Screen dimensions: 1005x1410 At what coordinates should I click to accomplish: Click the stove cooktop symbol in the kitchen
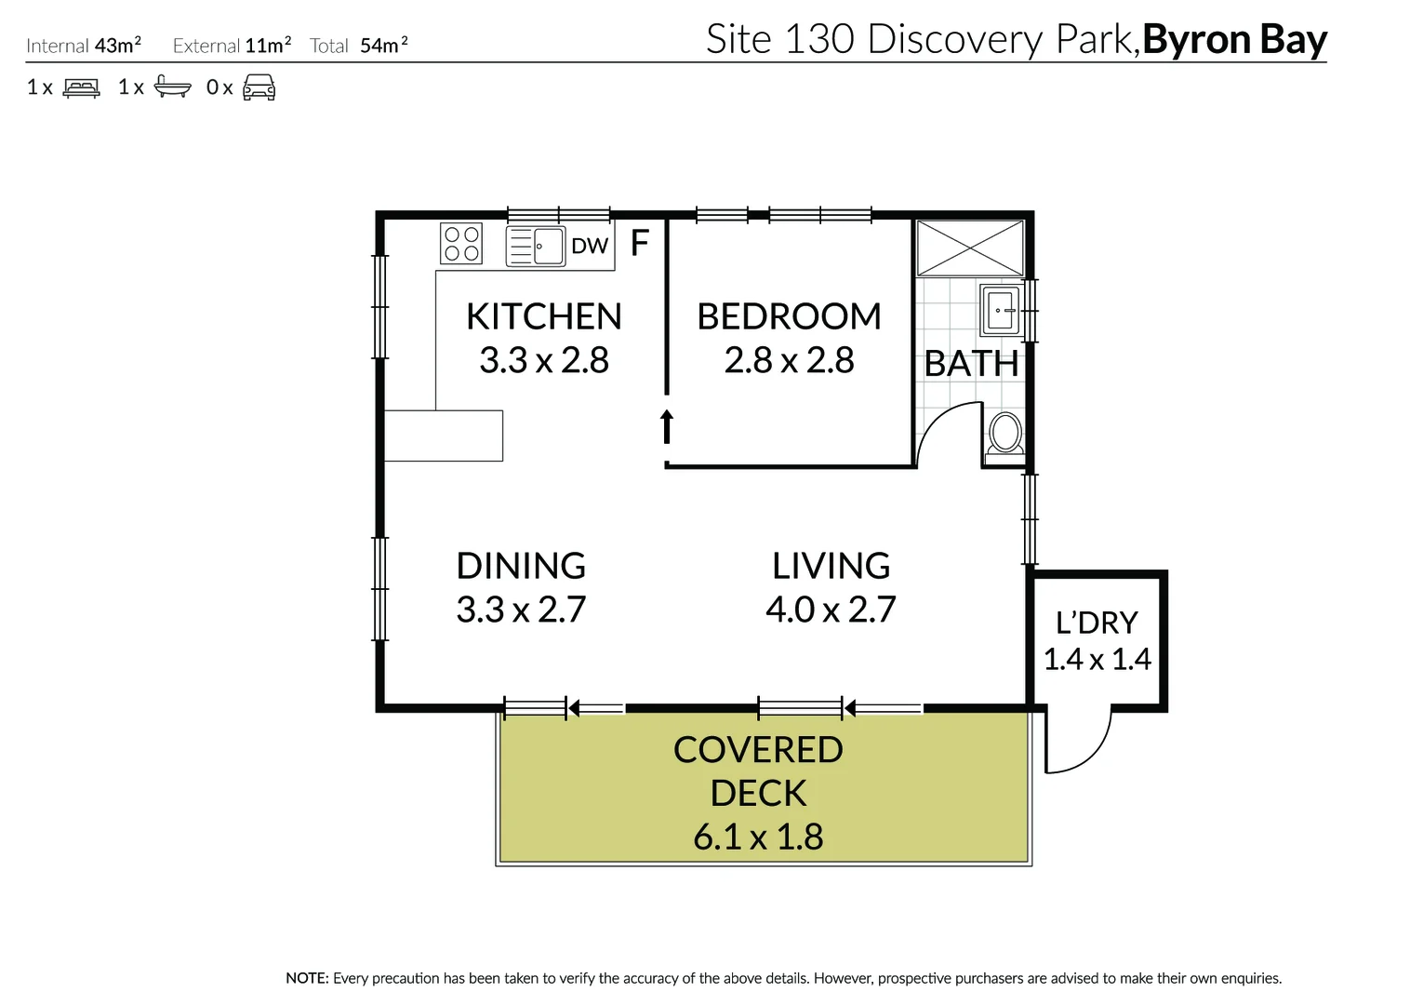click(x=461, y=244)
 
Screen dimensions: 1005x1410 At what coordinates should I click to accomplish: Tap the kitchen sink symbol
click(x=536, y=247)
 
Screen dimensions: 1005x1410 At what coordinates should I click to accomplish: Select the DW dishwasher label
click(x=590, y=247)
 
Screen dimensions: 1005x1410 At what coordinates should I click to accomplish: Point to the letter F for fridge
click(x=640, y=244)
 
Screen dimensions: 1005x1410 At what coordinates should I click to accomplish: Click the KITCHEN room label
click(x=543, y=316)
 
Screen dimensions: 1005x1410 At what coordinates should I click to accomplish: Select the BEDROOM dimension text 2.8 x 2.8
click(x=789, y=361)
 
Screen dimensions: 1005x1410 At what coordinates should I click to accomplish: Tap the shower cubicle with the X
click(x=970, y=248)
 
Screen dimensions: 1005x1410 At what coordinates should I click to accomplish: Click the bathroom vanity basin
click(x=1002, y=310)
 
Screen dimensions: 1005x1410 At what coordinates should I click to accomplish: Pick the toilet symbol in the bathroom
click(x=1004, y=435)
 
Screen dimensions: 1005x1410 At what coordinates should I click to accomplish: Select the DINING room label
click(x=521, y=566)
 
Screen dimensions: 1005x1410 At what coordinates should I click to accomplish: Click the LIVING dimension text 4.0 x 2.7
click(x=831, y=610)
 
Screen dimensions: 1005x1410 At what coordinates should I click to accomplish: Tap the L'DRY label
click(x=1097, y=623)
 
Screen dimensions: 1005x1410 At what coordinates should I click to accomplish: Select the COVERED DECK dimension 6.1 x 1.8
click(x=758, y=837)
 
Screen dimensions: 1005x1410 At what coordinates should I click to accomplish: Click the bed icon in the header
click(x=82, y=88)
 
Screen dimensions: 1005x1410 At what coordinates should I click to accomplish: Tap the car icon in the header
click(x=259, y=88)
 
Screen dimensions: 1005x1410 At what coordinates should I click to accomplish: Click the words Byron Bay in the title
click(x=1234, y=39)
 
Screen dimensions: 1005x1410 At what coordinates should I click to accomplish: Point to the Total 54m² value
click(x=383, y=46)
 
